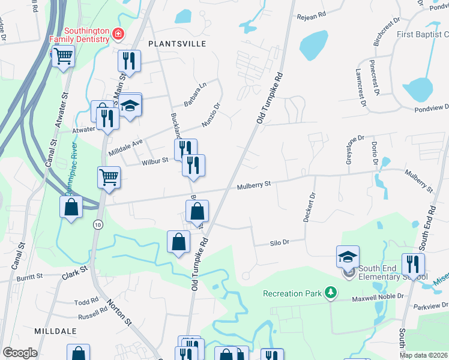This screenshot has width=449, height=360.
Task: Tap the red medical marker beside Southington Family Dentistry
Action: coord(119,34)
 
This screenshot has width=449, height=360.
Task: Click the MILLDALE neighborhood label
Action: coord(55,331)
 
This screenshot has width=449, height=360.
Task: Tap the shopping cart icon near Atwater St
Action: coord(62,57)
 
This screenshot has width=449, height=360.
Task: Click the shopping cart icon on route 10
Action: coord(109,177)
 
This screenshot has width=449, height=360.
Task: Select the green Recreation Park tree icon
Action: coord(330,293)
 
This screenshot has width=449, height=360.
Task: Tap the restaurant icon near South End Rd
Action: coord(412,263)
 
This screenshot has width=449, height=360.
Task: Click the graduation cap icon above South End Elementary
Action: coord(348,256)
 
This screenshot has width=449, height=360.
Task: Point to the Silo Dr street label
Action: coord(279,242)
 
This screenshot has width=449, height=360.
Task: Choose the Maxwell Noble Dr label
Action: coord(375,295)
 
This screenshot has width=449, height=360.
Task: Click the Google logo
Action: coord(20,353)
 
